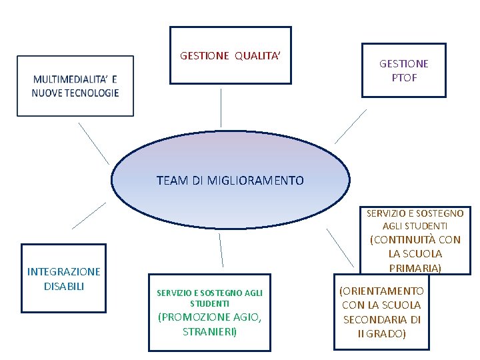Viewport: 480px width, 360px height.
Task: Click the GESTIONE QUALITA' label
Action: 230,56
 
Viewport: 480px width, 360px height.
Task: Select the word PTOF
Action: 404,77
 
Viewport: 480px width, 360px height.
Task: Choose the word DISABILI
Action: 64,286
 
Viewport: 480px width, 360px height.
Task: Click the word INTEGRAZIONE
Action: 64,271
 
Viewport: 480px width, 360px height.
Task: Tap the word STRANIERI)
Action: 210,331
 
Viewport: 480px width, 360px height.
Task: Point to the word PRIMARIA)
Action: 415,268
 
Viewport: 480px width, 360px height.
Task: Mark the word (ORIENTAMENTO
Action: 381,291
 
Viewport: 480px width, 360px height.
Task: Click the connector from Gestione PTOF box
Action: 351,126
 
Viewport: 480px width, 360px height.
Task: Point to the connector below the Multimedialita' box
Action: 93,143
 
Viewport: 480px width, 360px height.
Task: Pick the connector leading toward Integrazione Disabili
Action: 89,215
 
